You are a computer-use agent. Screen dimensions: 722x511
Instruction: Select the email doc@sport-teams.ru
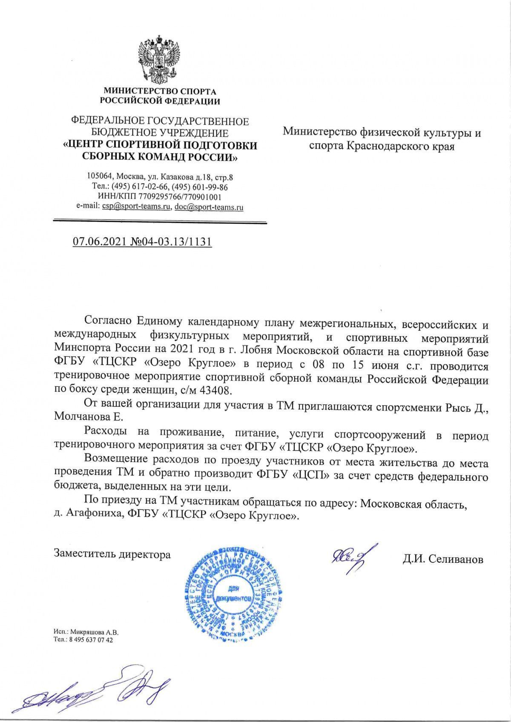209,208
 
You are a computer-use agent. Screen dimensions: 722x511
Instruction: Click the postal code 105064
98,177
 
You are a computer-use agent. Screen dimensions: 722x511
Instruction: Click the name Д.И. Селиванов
443,559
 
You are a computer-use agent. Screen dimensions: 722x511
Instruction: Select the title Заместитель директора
112,554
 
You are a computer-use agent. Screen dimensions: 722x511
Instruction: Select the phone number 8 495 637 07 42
91,639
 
